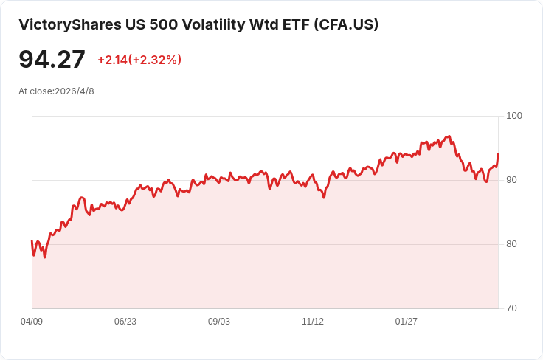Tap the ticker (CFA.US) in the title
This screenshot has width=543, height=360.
point(346,24)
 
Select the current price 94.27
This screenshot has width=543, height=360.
point(52,60)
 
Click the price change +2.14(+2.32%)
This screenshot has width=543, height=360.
point(139,60)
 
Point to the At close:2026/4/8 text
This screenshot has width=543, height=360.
point(56,91)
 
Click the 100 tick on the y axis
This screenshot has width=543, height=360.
point(514,116)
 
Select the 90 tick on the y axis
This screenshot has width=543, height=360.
point(512,180)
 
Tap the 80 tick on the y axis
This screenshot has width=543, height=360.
point(512,244)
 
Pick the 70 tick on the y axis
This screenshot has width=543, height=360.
point(512,308)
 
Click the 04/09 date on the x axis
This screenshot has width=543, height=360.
point(32,322)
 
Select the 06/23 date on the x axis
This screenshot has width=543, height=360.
point(125,322)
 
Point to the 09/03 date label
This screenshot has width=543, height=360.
point(219,322)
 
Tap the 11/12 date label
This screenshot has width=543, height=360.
point(313,322)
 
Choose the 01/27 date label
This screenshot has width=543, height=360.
point(407,322)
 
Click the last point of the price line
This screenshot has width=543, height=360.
point(498,154)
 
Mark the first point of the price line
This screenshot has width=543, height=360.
point(32,241)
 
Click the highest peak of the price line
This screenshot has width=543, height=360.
point(449,136)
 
